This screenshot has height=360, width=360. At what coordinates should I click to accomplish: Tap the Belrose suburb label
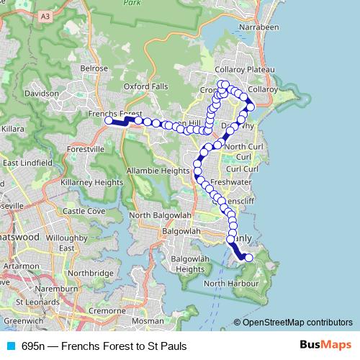(x=94, y=68)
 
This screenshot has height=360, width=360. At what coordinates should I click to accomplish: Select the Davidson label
(x=41, y=94)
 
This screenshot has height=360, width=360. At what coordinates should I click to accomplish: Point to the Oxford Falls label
(x=145, y=86)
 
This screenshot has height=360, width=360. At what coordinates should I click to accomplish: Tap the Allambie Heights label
(x=157, y=171)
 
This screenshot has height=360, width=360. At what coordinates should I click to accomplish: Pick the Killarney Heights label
(x=92, y=183)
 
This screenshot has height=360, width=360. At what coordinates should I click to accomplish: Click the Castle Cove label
(x=84, y=211)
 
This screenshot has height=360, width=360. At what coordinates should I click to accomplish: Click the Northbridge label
(x=91, y=274)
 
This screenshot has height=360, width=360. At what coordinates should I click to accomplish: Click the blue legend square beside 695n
(x=11, y=346)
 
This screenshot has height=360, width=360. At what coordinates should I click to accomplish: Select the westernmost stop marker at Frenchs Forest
(x=109, y=121)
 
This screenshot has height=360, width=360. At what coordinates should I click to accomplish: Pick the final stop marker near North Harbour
(x=249, y=258)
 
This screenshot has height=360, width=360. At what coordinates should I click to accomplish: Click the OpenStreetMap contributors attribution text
(x=297, y=322)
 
